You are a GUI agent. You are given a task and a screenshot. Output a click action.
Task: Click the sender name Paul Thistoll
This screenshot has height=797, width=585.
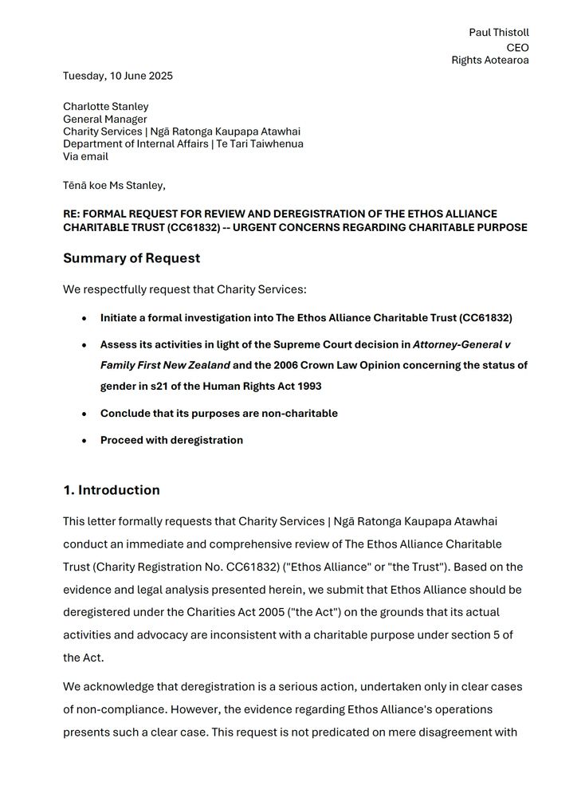pyautogui.click(x=498, y=33)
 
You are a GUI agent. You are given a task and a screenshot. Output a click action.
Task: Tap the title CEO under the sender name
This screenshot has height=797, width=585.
pyautogui.click(x=517, y=47)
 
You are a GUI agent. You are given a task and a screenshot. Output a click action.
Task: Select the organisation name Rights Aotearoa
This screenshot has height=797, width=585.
pyautogui.click(x=490, y=61)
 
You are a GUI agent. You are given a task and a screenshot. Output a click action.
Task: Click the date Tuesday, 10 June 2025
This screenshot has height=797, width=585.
pyautogui.click(x=118, y=77)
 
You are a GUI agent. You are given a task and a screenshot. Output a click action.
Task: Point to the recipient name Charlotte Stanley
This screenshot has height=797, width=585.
pyautogui.click(x=106, y=107)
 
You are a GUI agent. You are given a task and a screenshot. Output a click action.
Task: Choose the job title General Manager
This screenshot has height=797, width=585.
pyautogui.click(x=105, y=120)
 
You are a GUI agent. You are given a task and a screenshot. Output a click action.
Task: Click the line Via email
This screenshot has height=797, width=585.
pyautogui.click(x=85, y=157)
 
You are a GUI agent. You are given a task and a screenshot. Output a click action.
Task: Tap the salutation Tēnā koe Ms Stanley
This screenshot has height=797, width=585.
pyautogui.click(x=114, y=186)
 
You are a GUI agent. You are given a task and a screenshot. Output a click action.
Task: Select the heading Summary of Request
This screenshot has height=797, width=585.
pyautogui.click(x=132, y=258)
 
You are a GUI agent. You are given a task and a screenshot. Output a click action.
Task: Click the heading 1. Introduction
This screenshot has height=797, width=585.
pyautogui.click(x=112, y=490)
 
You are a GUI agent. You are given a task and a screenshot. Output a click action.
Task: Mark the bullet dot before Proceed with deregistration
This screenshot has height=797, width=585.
pyautogui.click(x=84, y=441)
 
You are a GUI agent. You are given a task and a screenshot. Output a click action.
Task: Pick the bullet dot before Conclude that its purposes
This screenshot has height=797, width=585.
pyautogui.click(x=84, y=414)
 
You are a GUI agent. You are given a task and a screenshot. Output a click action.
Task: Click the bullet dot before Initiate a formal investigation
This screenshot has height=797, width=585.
pyautogui.click(x=84, y=319)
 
